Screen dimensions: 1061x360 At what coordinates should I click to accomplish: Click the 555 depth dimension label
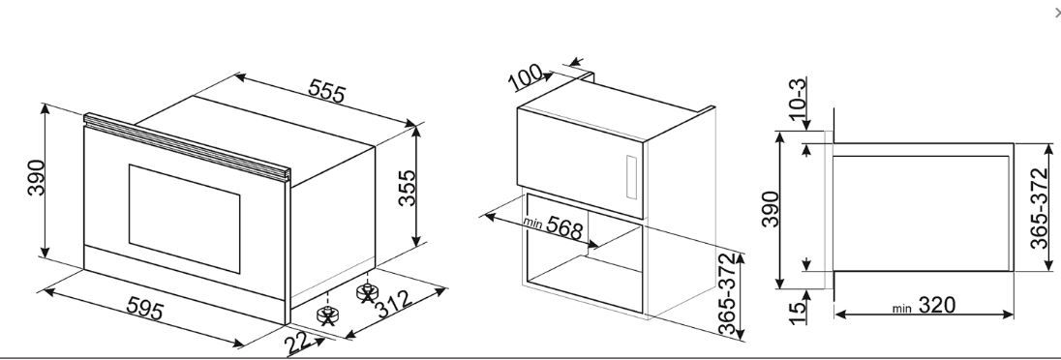click(327, 91)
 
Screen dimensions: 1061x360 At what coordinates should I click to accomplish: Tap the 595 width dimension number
click(145, 309)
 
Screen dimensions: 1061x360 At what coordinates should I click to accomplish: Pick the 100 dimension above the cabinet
click(527, 77)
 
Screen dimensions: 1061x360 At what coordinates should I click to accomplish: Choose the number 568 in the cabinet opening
click(563, 228)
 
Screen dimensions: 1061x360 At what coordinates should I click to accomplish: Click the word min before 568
click(533, 222)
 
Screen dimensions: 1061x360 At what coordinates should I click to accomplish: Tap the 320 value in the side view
click(936, 306)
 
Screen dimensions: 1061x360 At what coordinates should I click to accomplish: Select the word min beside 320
click(901, 309)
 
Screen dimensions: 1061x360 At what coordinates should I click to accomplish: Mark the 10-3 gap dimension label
click(798, 104)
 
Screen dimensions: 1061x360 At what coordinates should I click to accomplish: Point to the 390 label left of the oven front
click(36, 178)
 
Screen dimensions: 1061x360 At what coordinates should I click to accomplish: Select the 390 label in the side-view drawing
click(771, 209)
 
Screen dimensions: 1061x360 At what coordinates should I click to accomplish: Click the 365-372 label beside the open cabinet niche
click(727, 295)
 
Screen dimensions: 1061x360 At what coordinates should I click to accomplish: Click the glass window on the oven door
click(184, 219)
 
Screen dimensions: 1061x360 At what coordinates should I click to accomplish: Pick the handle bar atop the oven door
click(187, 147)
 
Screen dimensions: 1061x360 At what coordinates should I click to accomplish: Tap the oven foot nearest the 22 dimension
click(327, 315)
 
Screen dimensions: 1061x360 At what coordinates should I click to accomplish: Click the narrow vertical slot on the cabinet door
click(631, 177)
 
